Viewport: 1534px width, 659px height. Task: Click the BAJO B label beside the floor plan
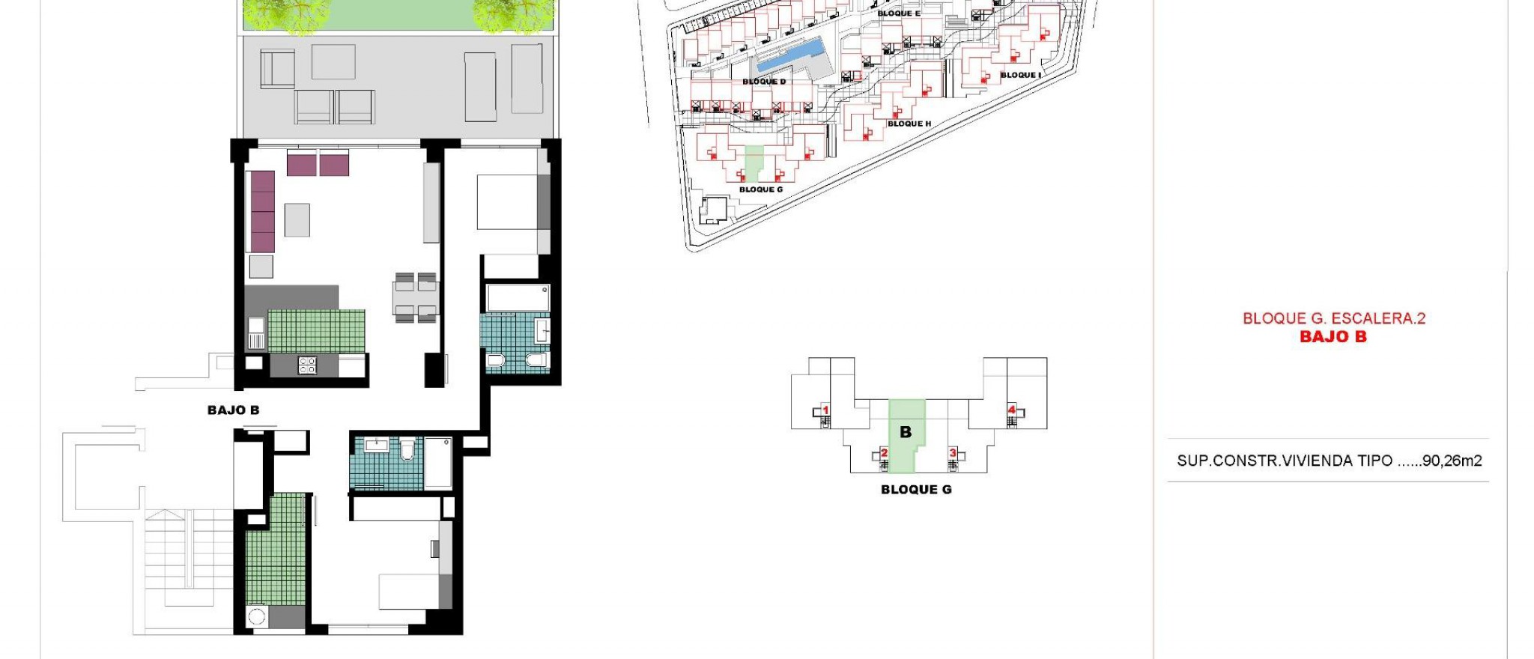(233, 410)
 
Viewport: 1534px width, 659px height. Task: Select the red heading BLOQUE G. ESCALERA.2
(1333, 318)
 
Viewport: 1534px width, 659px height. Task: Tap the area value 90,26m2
(1452, 461)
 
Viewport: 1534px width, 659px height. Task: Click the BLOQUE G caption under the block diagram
(915, 490)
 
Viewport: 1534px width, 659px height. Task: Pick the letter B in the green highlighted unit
(906, 432)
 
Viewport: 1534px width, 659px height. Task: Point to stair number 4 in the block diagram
(1012, 410)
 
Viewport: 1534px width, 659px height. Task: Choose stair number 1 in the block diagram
(825, 410)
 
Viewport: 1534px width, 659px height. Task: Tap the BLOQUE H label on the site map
(909, 124)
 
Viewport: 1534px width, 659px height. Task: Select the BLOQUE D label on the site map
(764, 82)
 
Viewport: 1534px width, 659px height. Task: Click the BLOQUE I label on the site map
(1020, 75)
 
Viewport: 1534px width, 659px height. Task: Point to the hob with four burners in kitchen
(307, 365)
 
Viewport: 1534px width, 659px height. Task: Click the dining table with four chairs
(416, 297)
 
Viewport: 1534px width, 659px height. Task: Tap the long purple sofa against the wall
(262, 211)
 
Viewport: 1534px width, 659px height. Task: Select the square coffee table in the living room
(297, 220)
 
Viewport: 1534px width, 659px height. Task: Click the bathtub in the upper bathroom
(518, 297)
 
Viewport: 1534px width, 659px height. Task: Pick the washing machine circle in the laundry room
(257, 617)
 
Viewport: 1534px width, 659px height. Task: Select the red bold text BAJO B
(1333, 337)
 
